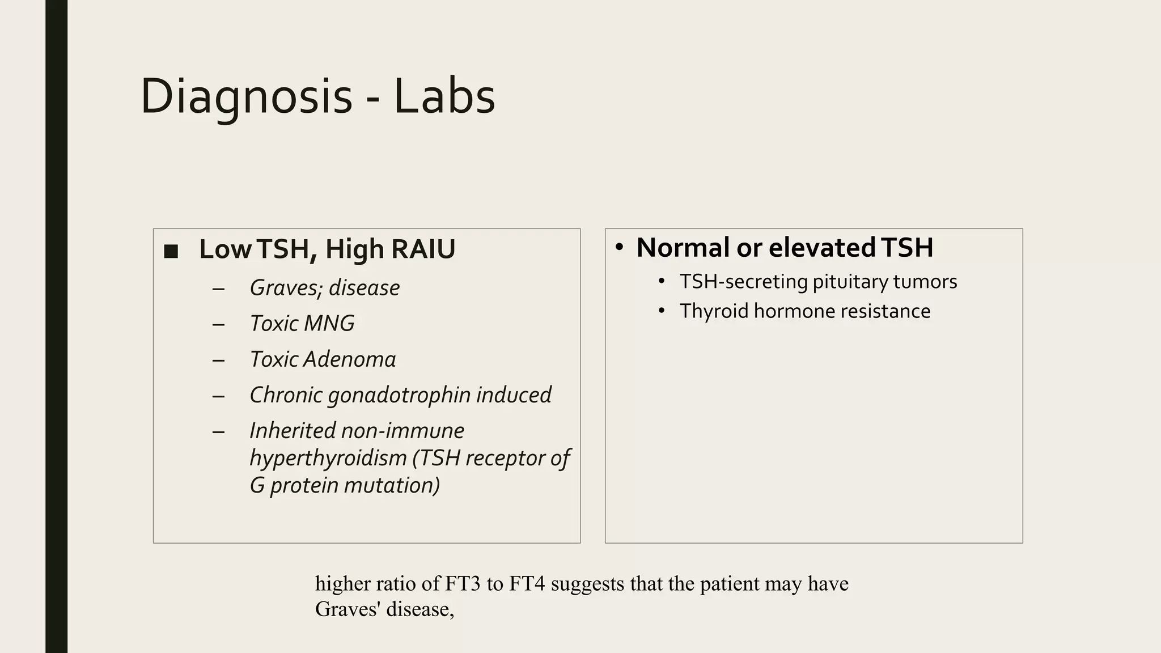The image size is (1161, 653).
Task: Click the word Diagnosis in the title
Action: point(247,96)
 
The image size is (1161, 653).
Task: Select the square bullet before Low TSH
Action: point(171,251)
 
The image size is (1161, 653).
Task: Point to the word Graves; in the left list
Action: point(286,288)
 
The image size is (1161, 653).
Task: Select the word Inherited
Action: point(291,431)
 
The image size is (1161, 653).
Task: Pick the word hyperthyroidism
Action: point(328,458)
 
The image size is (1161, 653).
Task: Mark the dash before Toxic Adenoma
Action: point(218,360)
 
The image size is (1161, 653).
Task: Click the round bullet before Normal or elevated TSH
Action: point(619,247)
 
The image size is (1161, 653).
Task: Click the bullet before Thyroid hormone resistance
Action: point(661,311)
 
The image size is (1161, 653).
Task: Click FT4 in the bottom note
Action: point(527,583)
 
